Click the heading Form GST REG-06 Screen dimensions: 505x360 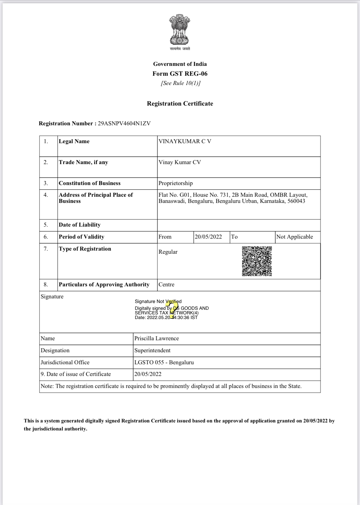coord(180,74)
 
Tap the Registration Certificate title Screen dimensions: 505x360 coord(180,103)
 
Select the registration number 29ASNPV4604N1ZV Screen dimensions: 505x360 coord(124,123)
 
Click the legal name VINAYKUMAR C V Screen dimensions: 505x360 coord(185,141)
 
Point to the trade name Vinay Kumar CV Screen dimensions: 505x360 coord(180,162)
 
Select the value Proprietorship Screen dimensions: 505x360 coord(175,183)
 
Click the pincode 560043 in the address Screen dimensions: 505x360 coord(296,201)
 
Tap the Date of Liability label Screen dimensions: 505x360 coord(80,225)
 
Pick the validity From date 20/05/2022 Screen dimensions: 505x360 coord(208,237)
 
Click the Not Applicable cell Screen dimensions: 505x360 coord(294,237)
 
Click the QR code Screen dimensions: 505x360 coord(257,261)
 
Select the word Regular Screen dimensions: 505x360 coord(168,252)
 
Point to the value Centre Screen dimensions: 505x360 coord(166,285)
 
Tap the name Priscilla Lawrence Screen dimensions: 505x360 coord(156,338)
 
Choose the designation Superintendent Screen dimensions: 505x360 coord(152,350)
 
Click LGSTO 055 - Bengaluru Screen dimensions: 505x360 coord(164,362)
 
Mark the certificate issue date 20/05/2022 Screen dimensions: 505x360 coord(148,374)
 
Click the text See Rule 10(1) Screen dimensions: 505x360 coord(181,83)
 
